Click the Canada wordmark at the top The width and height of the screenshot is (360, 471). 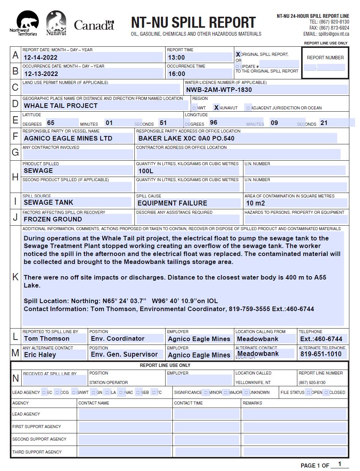pyautogui.click(x=94, y=25)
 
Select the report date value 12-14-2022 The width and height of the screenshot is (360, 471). pyautogui.click(x=41, y=57)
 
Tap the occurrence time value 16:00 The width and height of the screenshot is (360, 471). pyautogui.click(x=177, y=74)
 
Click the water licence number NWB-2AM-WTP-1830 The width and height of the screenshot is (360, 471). pyautogui.click(x=219, y=90)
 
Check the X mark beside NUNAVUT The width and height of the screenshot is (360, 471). pyautogui.click(x=216, y=107)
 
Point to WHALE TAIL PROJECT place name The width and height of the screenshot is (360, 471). pyautogui.click(x=61, y=106)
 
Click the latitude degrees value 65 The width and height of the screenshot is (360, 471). pyautogui.click(x=51, y=123)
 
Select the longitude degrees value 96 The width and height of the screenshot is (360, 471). pyautogui.click(x=213, y=123)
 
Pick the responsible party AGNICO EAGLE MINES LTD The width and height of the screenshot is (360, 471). pyautogui.click(x=68, y=138)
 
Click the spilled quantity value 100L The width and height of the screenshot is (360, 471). pyautogui.click(x=146, y=171)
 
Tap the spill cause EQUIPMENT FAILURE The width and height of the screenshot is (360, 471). pyautogui.click(x=172, y=203)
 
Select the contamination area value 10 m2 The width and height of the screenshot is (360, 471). pyautogui.click(x=256, y=203)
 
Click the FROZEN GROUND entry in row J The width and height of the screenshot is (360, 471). pyautogui.click(x=53, y=219)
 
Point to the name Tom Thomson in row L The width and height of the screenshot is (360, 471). pyautogui.click(x=47, y=338)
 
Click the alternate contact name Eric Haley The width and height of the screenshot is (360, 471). pyautogui.click(x=40, y=355)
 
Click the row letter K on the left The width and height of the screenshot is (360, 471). pyautogui.click(x=16, y=277)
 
